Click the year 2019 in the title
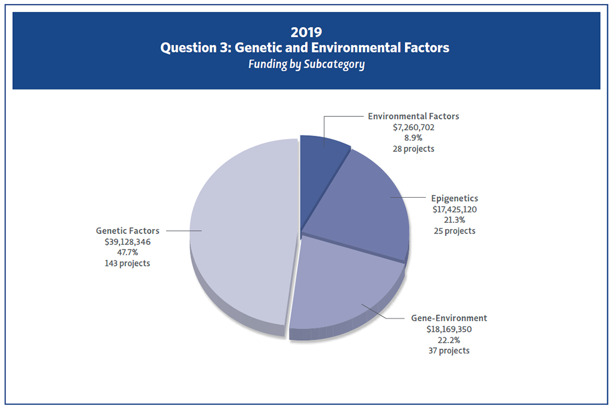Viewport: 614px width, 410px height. coord(306,31)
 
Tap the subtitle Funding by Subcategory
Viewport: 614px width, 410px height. coord(306,64)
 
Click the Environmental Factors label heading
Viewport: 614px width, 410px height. coord(413,117)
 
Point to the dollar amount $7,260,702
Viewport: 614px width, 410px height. coord(413,127)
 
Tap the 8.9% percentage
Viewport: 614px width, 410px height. coord(413,138)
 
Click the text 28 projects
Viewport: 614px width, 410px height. coord(413,149)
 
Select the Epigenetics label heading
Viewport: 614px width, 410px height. coord(454,198)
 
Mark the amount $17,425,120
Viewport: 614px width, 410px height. coord(454,209)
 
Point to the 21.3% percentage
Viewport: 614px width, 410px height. coord(454,220)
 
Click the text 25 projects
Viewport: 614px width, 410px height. coord(454,230)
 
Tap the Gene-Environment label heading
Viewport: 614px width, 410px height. coord(449,318)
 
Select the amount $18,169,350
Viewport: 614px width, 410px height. coord(449,329)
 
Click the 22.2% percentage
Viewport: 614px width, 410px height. coord(449,340)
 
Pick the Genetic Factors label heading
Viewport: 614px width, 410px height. coord(127,231)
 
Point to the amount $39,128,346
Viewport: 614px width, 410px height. coord(127,241)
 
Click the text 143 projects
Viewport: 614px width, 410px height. coord(127,263)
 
